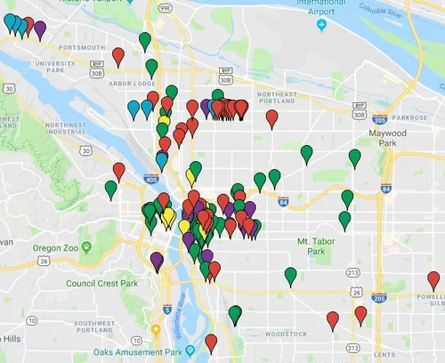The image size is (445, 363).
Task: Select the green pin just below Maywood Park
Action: (x=355, y=157)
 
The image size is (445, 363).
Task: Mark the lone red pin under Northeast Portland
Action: (x=271, y=117)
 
